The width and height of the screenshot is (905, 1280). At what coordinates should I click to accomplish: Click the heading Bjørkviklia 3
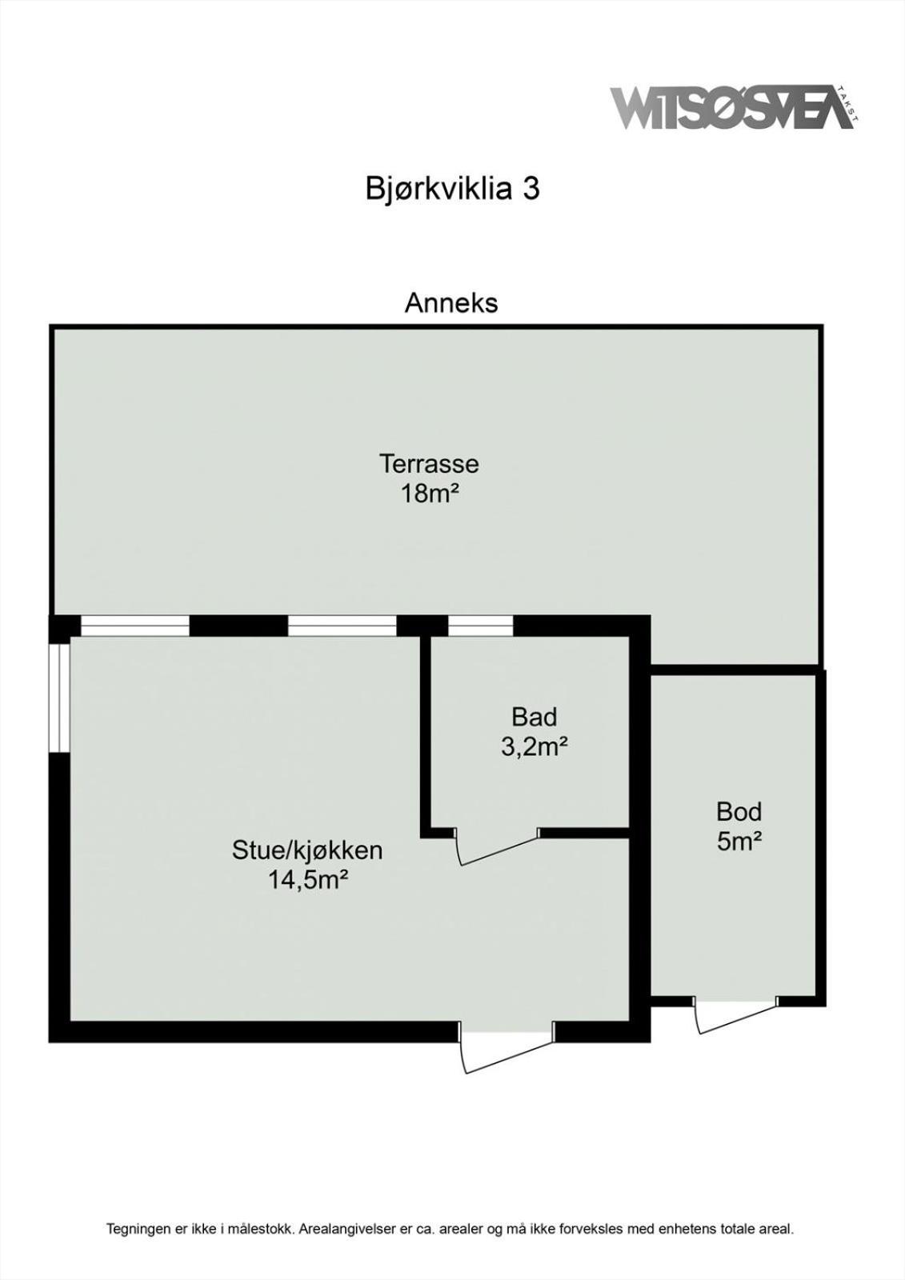[451, 189]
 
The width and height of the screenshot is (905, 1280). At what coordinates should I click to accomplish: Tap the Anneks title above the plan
[451, 303]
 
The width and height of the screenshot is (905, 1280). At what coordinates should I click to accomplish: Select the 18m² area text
[430, 494]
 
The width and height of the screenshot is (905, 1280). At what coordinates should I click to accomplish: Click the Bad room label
[534, 717]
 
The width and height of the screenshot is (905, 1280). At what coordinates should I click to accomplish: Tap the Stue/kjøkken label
[307, 851]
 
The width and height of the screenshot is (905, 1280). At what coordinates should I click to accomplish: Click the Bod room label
[739, 812]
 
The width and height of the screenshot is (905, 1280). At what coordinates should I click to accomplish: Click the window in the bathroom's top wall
[480, 626]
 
